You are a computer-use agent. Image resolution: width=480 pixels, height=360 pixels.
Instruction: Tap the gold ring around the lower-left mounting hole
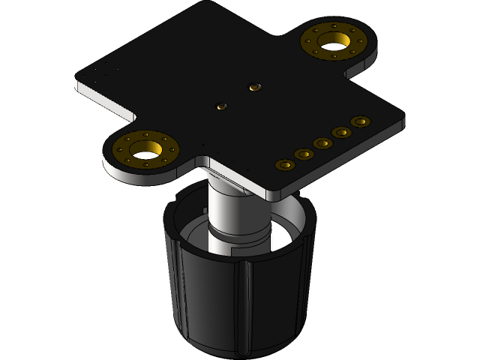coord(122,147)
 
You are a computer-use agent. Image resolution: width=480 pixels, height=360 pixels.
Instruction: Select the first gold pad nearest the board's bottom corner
coord(284,164)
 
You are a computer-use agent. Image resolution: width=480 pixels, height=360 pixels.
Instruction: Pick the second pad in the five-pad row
coord(304,154)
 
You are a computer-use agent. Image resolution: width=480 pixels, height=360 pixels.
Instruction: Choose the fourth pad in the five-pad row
coord(342,132)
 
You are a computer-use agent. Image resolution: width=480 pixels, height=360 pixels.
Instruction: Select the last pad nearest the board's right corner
coord(361,121)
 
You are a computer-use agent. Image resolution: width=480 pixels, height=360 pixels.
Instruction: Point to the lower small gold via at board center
coord(221,105)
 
